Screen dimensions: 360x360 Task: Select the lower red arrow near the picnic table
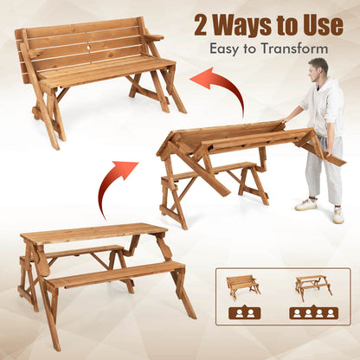pos(116,184)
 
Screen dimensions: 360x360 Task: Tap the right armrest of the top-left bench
pos(154,37)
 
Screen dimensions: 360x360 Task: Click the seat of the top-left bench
pos(108,72)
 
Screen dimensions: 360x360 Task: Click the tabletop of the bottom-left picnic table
pos(90,233)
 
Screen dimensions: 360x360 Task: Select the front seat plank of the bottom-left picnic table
pos(112,276)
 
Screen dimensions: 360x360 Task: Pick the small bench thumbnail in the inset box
pos(242,286)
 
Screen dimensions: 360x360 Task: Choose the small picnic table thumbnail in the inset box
pos(312,286)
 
